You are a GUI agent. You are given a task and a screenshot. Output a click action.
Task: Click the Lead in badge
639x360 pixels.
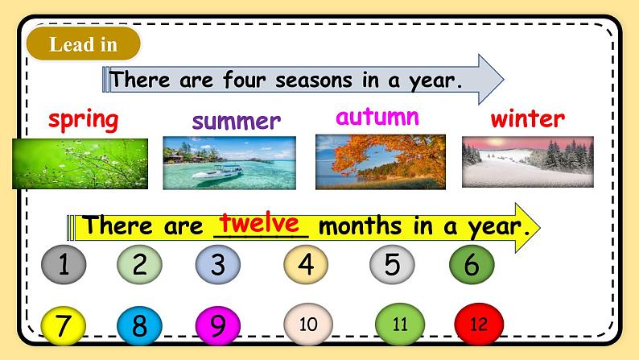pyautogui.click(x=83, y=45)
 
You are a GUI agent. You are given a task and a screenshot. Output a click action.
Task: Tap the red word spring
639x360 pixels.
pyautogui.click(x=83, y=121)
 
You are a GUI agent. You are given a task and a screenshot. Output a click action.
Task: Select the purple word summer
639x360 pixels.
pyautogui.click(x=236, y=122)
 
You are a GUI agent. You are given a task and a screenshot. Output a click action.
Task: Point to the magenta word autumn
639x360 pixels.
pyautogui.click(x=377, y=117)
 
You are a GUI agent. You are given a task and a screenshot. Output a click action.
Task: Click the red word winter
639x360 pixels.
pyautogui.click(x=527, y=119)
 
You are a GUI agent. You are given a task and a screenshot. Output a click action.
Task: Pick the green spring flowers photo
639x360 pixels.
pyautogui.click(x=80, y=163)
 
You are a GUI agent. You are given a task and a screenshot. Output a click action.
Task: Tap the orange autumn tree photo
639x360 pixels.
pyautogui.click(x=380, y=161)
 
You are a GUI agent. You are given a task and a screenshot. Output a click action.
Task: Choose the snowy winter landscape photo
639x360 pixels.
pyautogui.click(x=527, y=162)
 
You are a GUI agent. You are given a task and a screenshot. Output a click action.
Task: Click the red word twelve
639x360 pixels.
pyautogui.click(x=260, y=223)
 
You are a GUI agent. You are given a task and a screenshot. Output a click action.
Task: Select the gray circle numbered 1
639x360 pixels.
pyautogui.click(x=63, y=265)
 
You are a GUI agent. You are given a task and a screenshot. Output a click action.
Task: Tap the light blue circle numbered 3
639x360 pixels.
pyautogui.click(x=217, y=265)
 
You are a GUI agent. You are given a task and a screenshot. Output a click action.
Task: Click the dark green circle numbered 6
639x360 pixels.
pyautogui.click(x=472, y=264)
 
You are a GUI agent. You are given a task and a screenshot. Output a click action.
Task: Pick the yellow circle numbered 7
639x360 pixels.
pyautogui.click(x=63, y=326)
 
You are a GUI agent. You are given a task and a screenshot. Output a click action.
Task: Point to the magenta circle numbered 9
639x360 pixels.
pyautogui.click(x=217, y=326)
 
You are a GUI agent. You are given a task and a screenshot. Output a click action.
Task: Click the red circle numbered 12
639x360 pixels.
pyautogui.click(x=478, y=325)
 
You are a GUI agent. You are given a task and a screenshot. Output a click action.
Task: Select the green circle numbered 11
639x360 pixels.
pyautogui.click(x=400, y=325)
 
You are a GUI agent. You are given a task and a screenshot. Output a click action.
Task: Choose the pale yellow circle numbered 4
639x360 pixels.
pyautogui.click(x=305, y=264)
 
